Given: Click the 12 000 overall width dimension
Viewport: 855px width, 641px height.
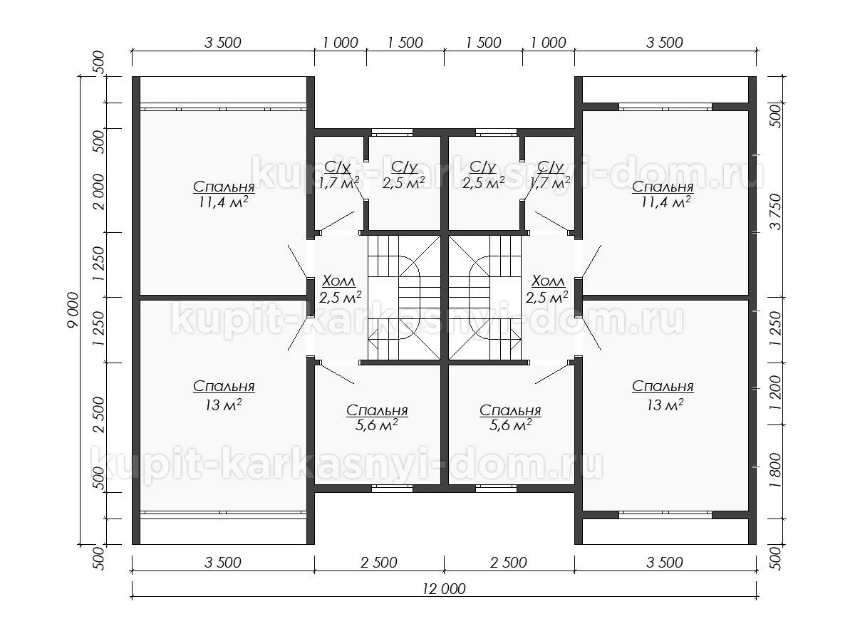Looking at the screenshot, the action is click(x=444, y=589).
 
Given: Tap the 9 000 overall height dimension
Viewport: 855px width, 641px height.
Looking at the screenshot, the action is click(x=73, y=311).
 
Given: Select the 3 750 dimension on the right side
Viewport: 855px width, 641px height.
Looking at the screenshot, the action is click(x=776, y=212).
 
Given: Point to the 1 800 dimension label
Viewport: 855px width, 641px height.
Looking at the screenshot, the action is click(x=776, y=470).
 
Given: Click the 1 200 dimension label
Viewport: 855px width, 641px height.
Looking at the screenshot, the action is click(x=776, y=392).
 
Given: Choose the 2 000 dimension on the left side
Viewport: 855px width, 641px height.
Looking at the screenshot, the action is click(x=99, y=192).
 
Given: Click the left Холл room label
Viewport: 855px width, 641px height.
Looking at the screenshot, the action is click(x=340, y=289).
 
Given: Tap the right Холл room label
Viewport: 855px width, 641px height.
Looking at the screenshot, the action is click(x=547, y=289).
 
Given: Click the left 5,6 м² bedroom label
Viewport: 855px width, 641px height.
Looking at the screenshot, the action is click(x=377, y=417).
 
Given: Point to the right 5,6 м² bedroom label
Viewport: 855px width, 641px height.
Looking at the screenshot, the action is click(x=510, y=417).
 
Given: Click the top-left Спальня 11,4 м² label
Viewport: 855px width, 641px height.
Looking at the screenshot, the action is click(x=224, y=194).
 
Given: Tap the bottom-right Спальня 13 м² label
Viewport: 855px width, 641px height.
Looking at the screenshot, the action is click(x=663, y=395).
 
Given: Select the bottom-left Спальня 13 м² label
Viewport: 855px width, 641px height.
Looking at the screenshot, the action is click(x=224, y=395).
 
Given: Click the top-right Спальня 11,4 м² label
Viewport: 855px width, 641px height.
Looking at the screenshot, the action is click(x=663, y=194).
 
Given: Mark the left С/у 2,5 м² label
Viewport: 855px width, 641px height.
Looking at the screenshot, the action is click(x=403, y=174).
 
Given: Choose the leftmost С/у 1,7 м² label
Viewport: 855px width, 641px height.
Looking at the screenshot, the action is click(x=338, y=174).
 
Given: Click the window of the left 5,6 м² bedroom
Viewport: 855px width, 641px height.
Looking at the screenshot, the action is click(x=392, y=488).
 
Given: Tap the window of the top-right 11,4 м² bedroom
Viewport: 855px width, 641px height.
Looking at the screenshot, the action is click(x=665, y=107).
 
